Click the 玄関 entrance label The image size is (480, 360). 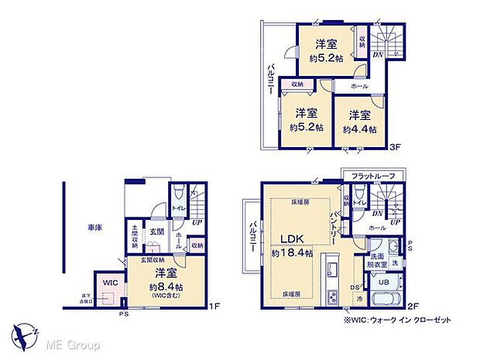point(156,231)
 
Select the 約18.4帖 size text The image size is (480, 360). point(292,252)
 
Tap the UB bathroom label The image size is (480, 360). point(382,283)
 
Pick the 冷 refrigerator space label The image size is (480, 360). point(358,299)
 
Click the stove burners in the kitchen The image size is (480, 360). point(332,298)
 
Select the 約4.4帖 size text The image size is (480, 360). point(357,129)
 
